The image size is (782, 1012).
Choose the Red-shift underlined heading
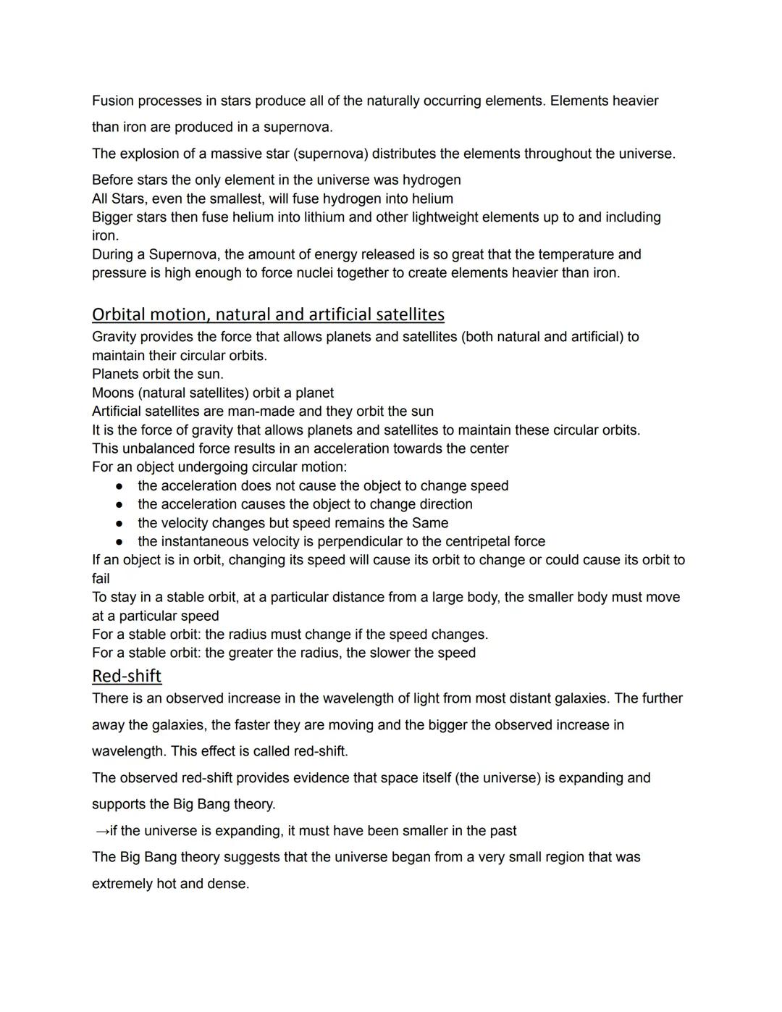pyautogui.click(x=127, y=676)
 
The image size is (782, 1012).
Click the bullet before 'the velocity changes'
pyautogui.click(x=119, y=523)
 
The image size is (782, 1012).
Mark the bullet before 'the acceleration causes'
pyautogui.click(x=119, y=504)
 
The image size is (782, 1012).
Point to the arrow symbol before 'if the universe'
pyautogui.click(x=101, y=831)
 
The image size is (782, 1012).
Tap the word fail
pyautogui.click(x=101, y=579)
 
